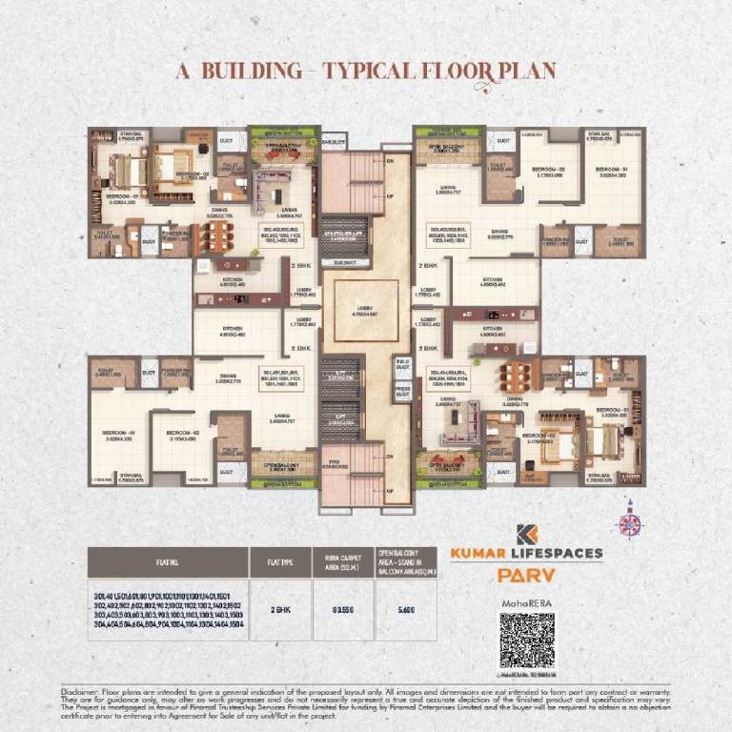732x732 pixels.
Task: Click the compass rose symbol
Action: pyautogui.click(x=628, y=522)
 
